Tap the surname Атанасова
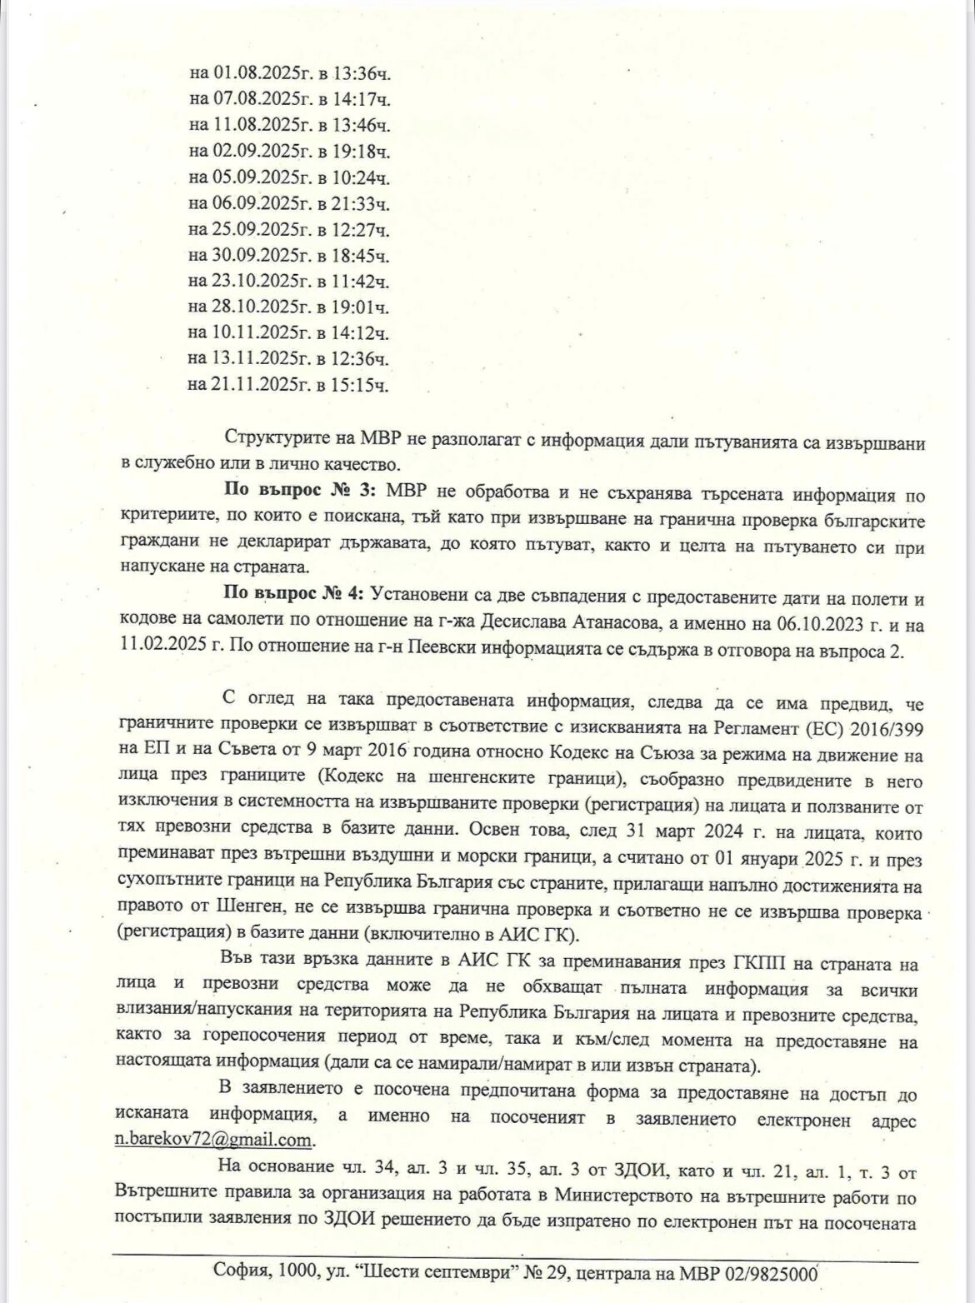tap(626, 624)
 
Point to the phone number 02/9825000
tap(772, 1272)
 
